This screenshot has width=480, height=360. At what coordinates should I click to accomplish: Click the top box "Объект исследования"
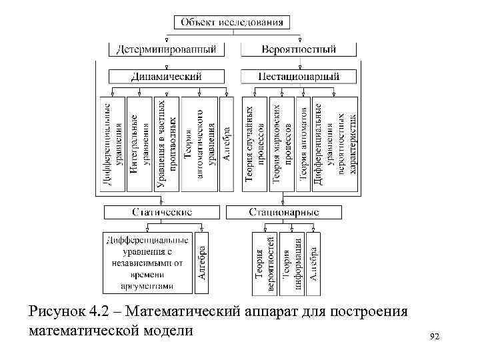click(232, 22)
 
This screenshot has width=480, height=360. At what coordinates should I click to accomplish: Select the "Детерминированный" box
click(167, 49)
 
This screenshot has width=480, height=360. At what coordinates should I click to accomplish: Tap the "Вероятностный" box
click(299, 49)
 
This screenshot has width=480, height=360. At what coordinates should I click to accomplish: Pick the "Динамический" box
click(167, 77)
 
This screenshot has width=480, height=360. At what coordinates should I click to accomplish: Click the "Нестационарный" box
click(299, 77)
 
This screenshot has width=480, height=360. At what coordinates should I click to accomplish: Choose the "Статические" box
click(162, 212)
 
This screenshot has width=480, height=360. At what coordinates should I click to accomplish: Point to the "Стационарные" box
click(284, 212)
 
